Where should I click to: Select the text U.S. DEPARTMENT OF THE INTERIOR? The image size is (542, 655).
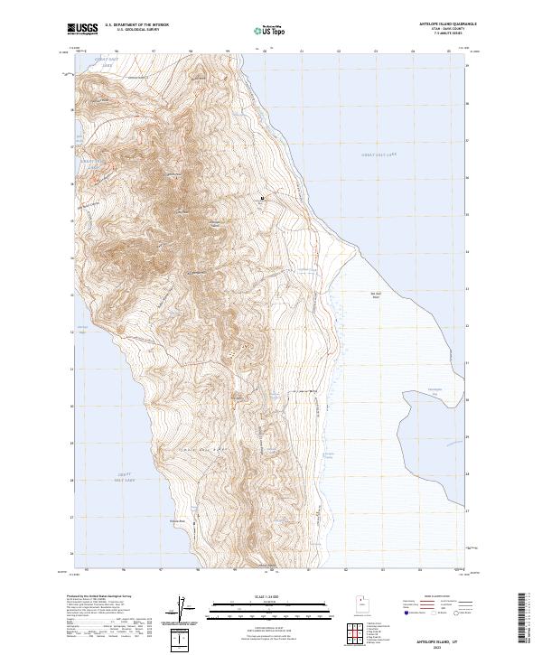coord(136,25)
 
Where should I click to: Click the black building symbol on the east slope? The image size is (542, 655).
coord(263,198)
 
